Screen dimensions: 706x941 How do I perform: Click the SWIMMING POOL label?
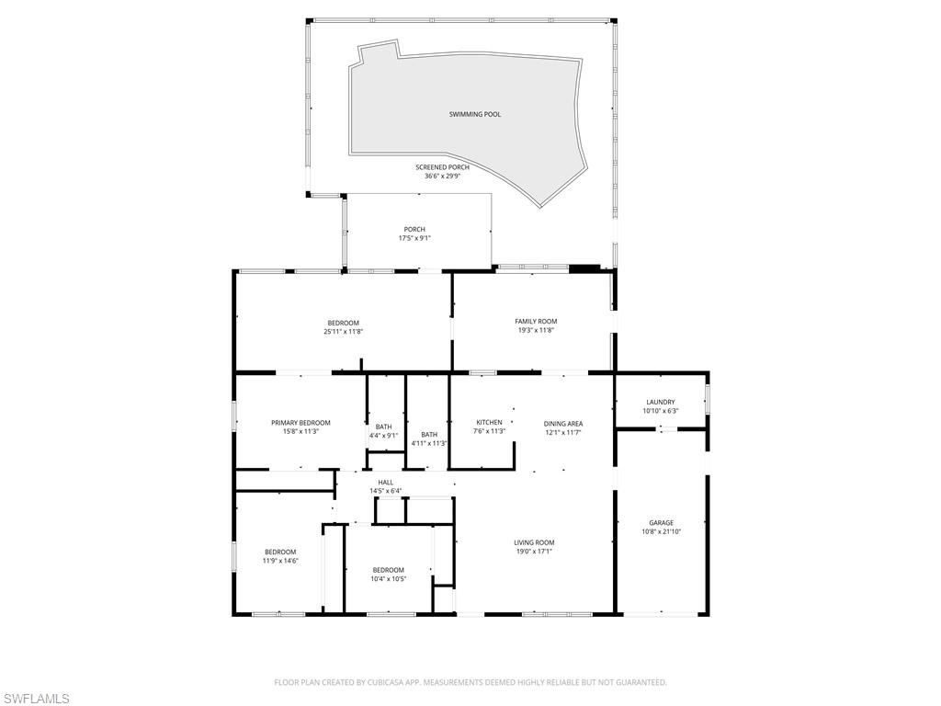tap(474, 114)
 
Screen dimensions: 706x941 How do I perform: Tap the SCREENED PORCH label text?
tap(442, 167)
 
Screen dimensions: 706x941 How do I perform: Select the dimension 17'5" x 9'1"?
tap(414, 238)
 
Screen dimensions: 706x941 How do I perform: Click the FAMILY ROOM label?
tap(536, 321)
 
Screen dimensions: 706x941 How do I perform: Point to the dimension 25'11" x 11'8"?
tap(343, 331)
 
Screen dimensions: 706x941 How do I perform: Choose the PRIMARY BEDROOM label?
tap(300, 423)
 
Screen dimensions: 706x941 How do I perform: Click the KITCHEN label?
tap(489, 422)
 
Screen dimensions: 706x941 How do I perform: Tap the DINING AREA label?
tap(562, 424)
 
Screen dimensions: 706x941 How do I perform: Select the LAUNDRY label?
tap(660, 402)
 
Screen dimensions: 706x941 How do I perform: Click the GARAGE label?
tap(661, 523)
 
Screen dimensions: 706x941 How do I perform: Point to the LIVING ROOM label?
tap(534, 542)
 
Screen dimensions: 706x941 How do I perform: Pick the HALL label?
tap(385, 482)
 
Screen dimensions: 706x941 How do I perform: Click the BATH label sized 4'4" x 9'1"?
tap(383, 427)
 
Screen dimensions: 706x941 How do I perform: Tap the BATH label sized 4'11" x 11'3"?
tap(429, 435)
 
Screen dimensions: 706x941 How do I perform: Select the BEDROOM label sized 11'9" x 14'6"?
tap(280, 552)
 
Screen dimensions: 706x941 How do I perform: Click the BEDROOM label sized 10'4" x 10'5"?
tap(388, 570)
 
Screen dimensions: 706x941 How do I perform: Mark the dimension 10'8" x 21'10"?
tap(661, 531)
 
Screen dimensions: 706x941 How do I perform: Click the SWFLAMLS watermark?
tap(36, 699)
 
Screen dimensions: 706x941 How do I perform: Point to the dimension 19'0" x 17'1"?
tap(534, 551)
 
